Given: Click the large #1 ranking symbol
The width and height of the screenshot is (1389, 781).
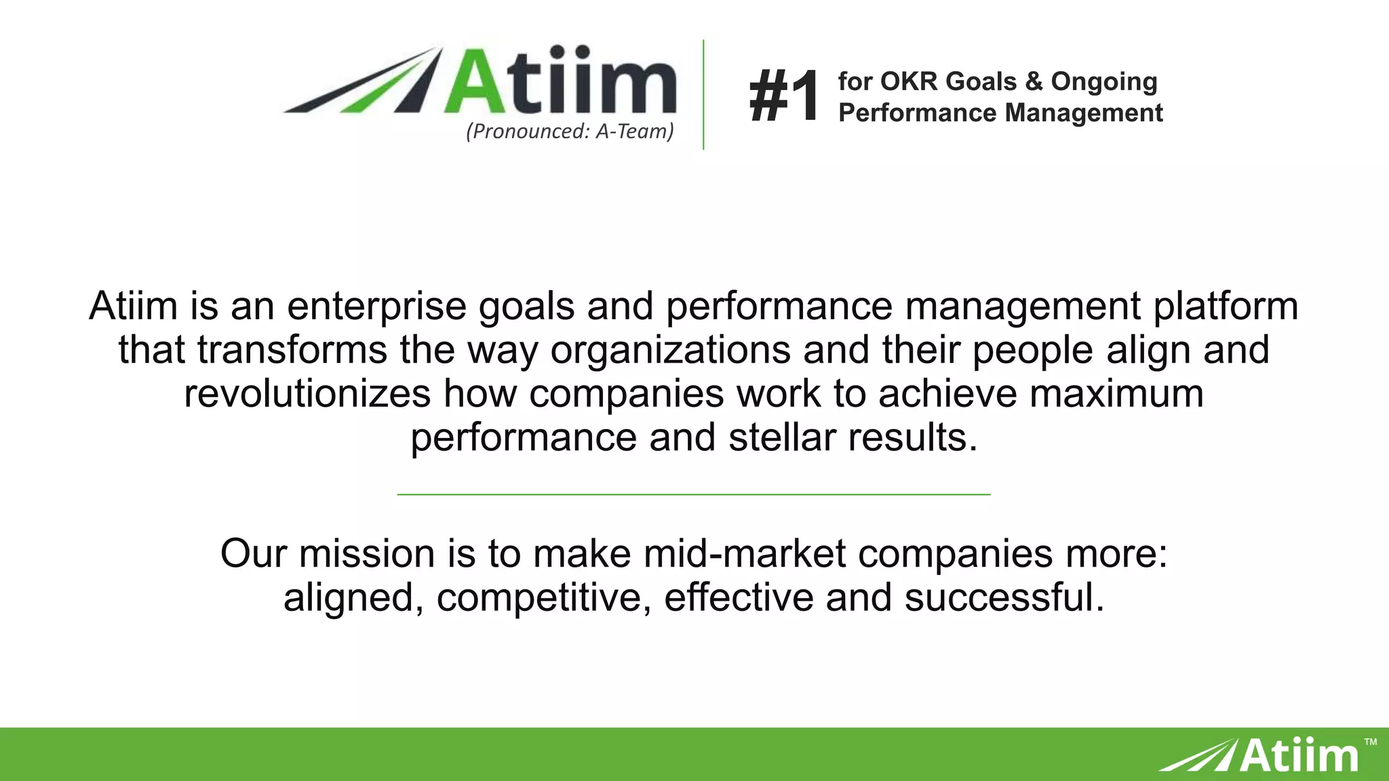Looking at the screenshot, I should point(784,97).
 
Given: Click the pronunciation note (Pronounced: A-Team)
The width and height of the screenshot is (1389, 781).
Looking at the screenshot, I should point(570,131).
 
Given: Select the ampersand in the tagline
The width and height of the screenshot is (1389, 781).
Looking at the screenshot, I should point(1034,81).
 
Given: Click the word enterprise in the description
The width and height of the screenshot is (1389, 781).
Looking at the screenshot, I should point(376,306).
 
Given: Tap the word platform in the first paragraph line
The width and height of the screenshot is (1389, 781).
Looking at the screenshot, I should point(1226,306).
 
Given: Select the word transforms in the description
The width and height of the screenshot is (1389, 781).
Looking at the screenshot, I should point(292,350).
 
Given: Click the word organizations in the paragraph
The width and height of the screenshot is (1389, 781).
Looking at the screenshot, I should point(670,350).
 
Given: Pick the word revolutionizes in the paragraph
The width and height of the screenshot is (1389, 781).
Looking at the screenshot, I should point(307,393).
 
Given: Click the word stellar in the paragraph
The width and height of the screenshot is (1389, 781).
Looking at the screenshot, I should point(782,437).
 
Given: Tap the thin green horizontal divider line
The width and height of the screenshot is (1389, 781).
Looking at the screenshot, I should point(693,495).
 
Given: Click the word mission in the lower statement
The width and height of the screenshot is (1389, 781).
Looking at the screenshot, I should point(366,553).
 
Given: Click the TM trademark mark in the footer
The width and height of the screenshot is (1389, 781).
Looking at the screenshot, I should point(1370,742).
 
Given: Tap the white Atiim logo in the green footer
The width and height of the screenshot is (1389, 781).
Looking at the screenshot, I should point(1261,755).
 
